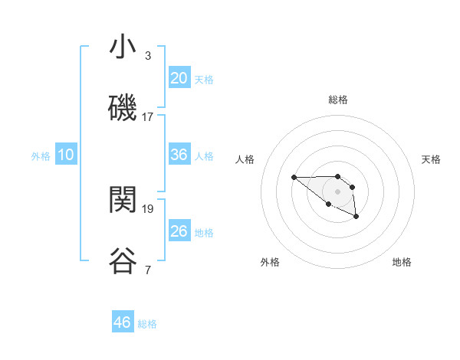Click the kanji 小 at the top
(x=123, y=47)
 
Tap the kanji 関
(x=123, y=201)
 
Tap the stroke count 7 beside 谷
(x=147, y=270)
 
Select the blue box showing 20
(x=179, y=78)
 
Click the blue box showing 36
(x=179, y=155)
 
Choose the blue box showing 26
(x=179, y=231)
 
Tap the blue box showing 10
(x=66, y=155)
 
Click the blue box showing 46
(x=123, y=322)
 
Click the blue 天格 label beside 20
(x=204, y=80)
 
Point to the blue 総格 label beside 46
(x=147, y=324)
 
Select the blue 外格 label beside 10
(x=41, y=156)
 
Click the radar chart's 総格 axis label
(x=338, y=100)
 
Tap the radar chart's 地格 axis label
(x=402, y=262)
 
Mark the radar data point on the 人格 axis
(x=294, y=178)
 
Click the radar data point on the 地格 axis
(x=356, y=217)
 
